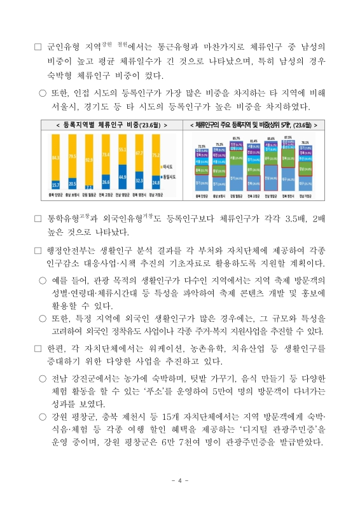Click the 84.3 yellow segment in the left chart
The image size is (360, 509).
[56, 157]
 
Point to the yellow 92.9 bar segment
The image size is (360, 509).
[89, 159]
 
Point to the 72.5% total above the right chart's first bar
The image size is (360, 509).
[202, 146]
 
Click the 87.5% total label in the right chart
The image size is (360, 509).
[288, 137]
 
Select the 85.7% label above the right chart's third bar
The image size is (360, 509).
[237, 138]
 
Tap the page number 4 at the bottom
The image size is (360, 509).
[180, 480]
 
